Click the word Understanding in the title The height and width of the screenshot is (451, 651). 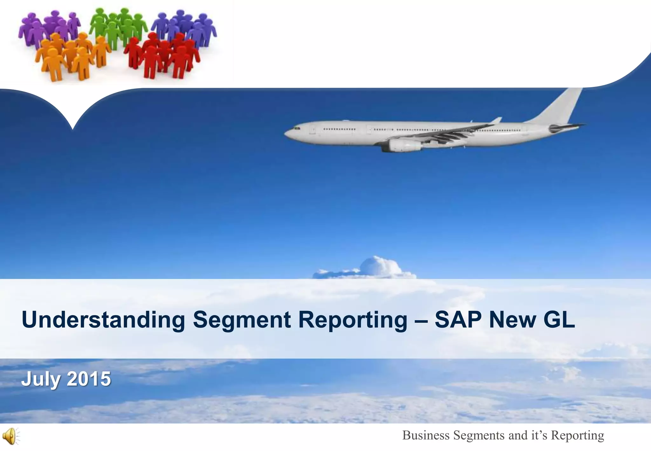coord(103,320)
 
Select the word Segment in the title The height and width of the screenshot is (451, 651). coord(242,320)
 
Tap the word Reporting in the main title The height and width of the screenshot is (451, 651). coord(353,320)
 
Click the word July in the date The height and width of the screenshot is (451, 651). coord(41,379)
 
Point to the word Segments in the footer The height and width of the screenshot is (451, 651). coord(479,435)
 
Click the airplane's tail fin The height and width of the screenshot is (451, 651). coord(563,105)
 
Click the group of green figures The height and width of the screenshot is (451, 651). coord(119,27)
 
